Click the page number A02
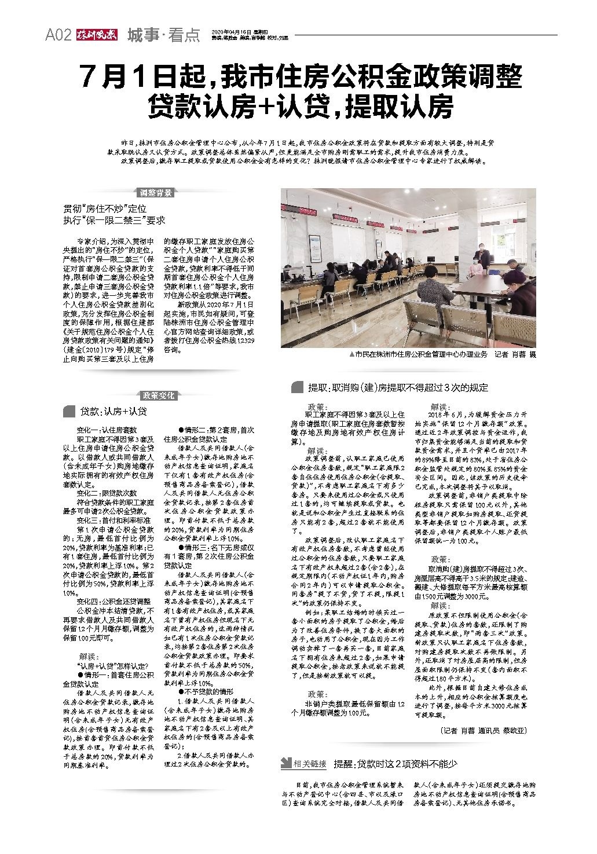coord(58,36)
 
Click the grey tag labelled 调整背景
coord(156,193)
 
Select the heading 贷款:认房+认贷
coord(113,412)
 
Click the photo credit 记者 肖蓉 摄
coord(515,355)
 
